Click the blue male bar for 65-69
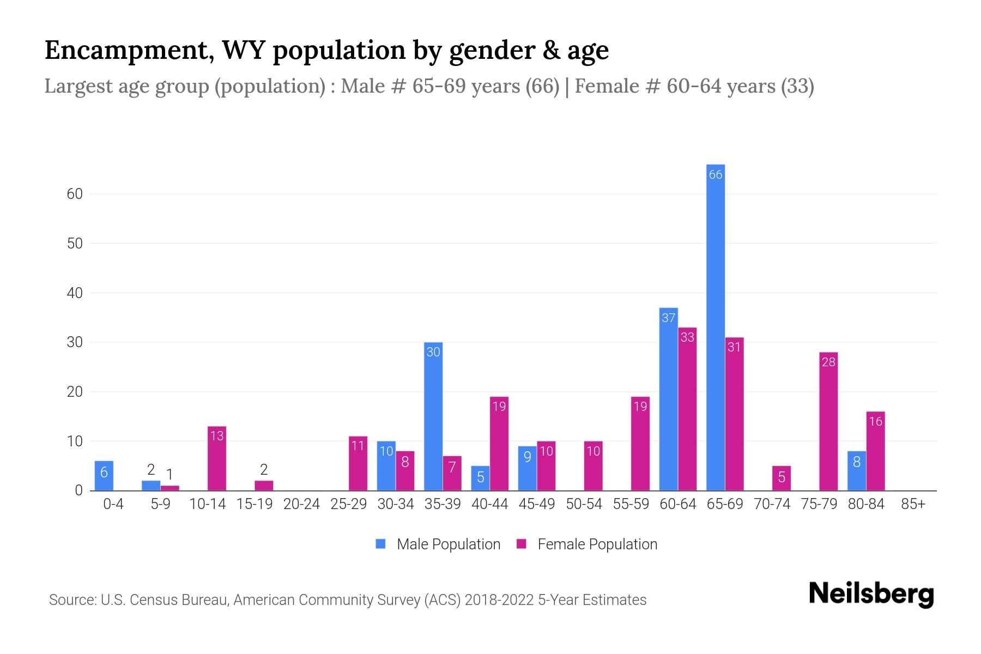coord(715,327)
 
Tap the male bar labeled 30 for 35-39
coord(433,416)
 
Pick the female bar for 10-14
coord(217,458)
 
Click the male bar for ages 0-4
coord(104,476)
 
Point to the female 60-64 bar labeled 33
coord(687,409)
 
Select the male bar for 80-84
coord(856,471)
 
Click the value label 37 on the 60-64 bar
coord(669,318)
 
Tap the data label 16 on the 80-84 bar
coord(875,421)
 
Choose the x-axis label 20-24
coord(301,504)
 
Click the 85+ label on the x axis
coord(913,504)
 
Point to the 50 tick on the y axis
coord(75,244)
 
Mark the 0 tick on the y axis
coord(78,491)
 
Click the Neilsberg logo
coord(871,594)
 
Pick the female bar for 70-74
coord(781,478)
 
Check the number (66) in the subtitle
coord(542,86)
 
